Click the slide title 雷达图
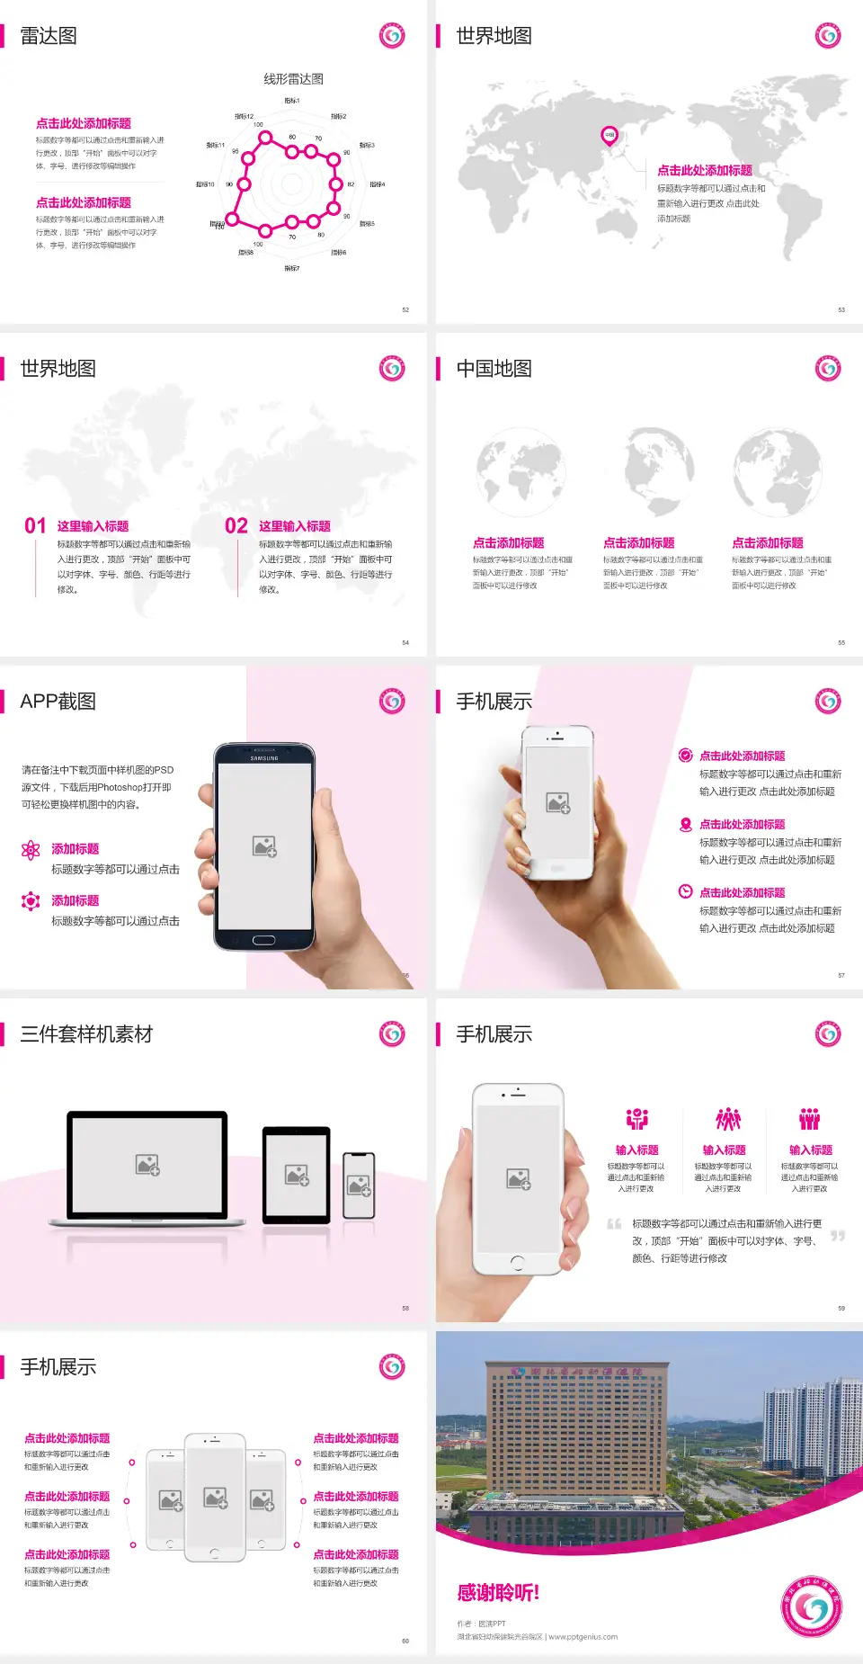click(49, 36)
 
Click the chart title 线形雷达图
click(293, 79)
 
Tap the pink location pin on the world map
click(609, 135)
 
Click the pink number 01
click(35, 526)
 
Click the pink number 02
click(236, 526)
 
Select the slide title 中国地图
click(494, 369)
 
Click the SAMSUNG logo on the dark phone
click(264, 758)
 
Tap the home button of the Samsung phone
click(263, 940)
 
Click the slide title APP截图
click(58, 702)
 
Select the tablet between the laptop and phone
click(297, 1174)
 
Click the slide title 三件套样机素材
click(86, 1034)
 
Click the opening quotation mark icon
click(614, 1223)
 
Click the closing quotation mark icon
click(838, 1236)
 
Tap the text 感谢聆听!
click(498, 1593)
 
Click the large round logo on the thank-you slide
click(812, 1606)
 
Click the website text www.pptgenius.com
click(583, 1637)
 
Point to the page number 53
click(841, 309)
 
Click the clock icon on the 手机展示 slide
click(685, 891)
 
